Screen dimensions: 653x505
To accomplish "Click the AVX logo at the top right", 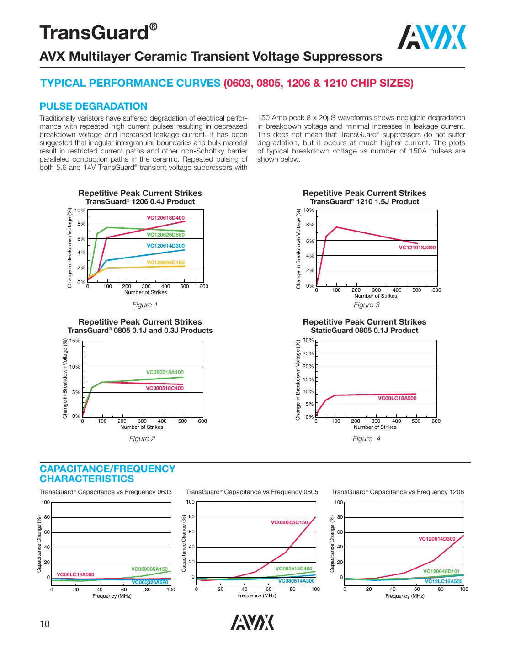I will click(x=432, y=37).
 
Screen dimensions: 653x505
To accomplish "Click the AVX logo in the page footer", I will click(x=252, y=622).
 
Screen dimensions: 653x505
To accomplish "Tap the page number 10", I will click(x=45, y=624).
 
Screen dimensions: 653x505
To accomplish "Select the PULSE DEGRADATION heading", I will click(x=94, y=106).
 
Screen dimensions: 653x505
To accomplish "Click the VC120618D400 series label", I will click(x=165, y=218).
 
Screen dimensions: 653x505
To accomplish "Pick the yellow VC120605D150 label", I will click(x=165, y=263).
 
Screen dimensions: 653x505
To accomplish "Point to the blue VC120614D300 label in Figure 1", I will click(x=165, y=246).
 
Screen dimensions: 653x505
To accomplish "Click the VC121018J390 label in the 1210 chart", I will click(x=417, y=248).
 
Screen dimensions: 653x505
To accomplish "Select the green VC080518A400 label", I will click(x=165, y=372).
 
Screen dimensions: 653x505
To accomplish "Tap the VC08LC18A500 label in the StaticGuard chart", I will click(x=397, y=398).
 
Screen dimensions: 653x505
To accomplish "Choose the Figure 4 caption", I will click(x=367, y=439).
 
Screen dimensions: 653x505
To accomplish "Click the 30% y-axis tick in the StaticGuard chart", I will click(x=308, y=340).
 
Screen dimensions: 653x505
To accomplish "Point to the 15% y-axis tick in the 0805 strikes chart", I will click(x=74, y=341).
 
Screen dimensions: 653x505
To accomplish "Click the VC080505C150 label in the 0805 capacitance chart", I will click(x=289, y=522).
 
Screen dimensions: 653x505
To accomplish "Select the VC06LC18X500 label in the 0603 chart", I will click(x=75, y=574).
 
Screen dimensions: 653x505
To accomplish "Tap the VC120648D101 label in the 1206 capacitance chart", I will click(x=441, y=571).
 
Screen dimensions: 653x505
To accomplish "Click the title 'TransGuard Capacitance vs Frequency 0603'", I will click(x=106, y=492).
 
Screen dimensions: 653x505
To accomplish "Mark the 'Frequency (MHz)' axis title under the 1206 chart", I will click(x=404, y=596).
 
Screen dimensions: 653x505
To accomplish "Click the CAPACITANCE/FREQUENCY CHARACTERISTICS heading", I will click(x=107, y=474).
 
